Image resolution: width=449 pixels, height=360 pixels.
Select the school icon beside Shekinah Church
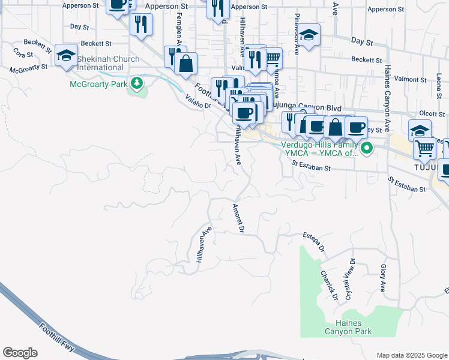click(65, 55)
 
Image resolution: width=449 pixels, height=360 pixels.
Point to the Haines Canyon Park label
click(348, 327)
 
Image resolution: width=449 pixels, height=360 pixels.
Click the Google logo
click(20, 353)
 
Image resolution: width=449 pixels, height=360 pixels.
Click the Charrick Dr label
click(329, 286)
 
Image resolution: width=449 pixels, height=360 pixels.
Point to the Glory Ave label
click(382, 277)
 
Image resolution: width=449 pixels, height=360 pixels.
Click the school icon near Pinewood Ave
click(309, 36)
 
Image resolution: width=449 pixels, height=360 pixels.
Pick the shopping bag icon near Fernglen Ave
click(186, 62)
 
